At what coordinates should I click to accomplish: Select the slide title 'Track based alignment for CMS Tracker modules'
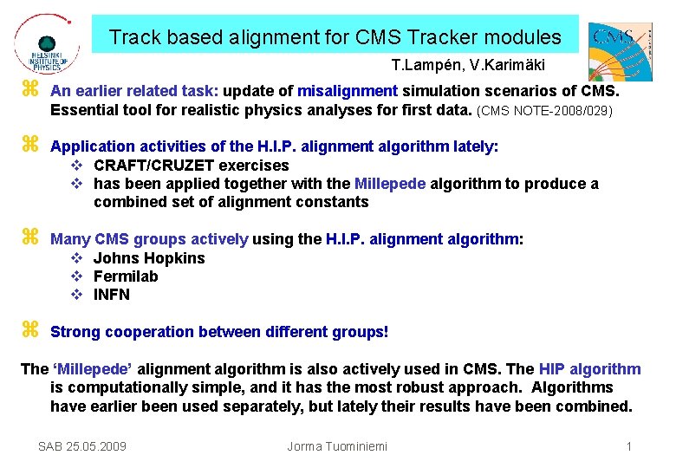335,37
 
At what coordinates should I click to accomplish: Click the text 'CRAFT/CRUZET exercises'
191,166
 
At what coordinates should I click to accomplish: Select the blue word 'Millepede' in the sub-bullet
389,184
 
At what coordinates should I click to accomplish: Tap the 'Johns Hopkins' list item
149,258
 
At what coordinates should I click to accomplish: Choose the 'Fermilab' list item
126,276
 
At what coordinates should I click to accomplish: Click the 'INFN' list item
112,295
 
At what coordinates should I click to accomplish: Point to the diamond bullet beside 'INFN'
76,295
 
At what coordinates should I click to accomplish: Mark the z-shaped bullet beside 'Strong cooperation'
29,330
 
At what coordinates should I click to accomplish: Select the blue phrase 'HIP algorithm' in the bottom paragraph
589,369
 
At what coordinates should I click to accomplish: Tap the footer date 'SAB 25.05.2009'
82,446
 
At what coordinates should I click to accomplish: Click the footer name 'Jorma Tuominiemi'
337,446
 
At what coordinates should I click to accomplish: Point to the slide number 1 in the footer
628,446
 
